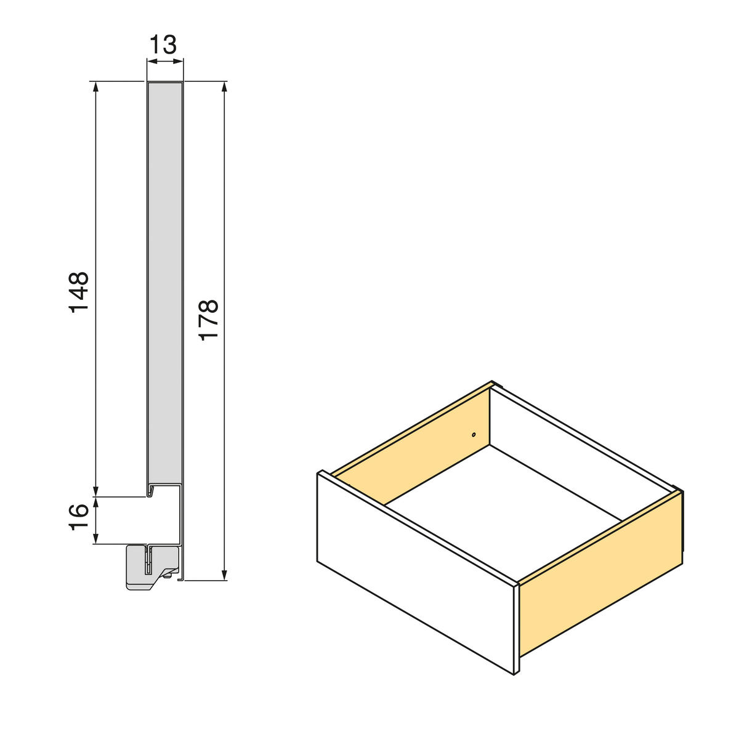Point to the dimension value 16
click(x=79, y=519)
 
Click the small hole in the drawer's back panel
click(x=473, y=435)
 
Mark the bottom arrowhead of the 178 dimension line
click(x=225, y=574)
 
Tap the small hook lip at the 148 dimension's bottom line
click(x=150, y=492)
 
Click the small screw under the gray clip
click(x=168, y=576)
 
